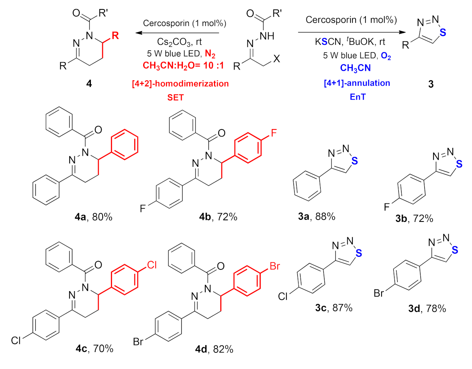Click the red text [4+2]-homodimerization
181,83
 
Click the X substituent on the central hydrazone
277,60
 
